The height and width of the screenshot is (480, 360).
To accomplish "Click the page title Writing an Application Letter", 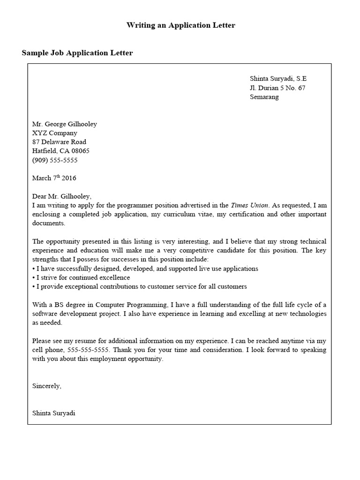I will [180, 25].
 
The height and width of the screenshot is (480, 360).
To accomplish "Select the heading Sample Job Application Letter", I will [77, 53].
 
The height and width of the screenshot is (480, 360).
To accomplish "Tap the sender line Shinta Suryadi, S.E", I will [278, 79].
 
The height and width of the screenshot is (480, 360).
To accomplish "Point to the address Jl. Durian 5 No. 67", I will [277, 88].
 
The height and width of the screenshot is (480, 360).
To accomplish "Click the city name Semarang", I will [264, 97].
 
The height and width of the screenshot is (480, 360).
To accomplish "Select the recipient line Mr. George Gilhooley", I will [64, 124].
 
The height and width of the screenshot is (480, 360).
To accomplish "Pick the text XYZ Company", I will [54, 133].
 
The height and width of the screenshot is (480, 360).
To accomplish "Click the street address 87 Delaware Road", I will [59, 142].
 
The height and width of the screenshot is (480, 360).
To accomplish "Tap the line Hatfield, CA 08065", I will [60, 151].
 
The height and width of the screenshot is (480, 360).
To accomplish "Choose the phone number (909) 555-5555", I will [54, 160].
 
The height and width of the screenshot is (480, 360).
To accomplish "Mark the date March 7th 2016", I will [54, 178].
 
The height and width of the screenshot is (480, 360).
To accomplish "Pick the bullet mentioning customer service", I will [139, 286].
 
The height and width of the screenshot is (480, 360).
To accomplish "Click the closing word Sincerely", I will [46, 386].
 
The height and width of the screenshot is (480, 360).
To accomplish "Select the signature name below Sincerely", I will [53, 413].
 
